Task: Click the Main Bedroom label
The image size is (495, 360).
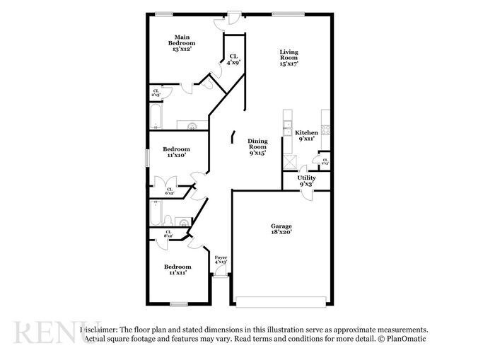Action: pyautogui.click(x=182, y=43)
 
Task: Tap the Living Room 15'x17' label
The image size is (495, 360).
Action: pyautogui.click(x=289, y=57)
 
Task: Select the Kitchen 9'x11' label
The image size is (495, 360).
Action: pyautogui.click(x=307, y=137)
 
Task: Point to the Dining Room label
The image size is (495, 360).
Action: pyautogui.click(x=257, y=146)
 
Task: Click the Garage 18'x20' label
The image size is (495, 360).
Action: pyautogui.click(x=281, y=228)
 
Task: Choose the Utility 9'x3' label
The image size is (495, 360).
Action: pyautogui.click(x=306, y=181)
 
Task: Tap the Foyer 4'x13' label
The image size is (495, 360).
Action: pyautogui.click(x=221, y=260)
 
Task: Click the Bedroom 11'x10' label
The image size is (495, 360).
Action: pyautogui.click(x=176, y=152)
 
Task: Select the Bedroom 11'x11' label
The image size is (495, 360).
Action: pyautogui.click(x=177, y=269)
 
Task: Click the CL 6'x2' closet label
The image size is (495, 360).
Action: pyautogui.click(x=170, y=191)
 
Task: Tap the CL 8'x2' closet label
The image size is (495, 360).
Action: pyautogui.click(x=169, y=234)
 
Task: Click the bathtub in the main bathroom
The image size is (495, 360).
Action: pyautogui.click(x=156, y=116)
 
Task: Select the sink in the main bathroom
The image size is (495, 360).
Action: pyautogui.click(x=191, y=126)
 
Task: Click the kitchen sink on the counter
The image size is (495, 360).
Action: pyautogui.click(x=287, y=128)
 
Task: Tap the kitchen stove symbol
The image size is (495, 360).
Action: pyautogui.click(x=326, y=129)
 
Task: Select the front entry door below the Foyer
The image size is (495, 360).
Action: pyautogui.click(x=221, y=278)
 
